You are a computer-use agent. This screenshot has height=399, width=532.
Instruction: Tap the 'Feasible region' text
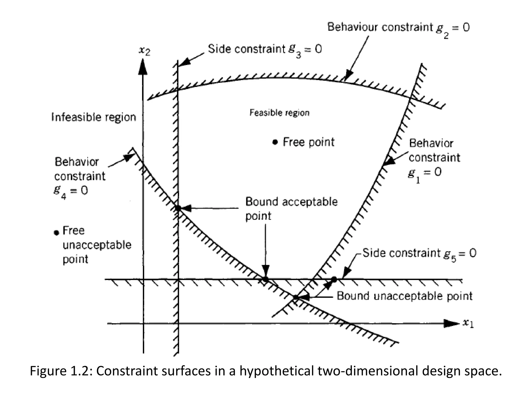(280, 112)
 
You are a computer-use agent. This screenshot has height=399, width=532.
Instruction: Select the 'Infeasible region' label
(94, 117)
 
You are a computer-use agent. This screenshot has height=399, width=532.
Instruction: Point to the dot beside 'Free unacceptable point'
(56, 232)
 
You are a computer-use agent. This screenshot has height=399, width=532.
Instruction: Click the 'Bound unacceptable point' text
(404, 296)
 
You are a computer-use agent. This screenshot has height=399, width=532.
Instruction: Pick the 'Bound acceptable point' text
(291, 209)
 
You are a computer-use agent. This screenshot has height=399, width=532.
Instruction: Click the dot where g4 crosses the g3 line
(178, 208)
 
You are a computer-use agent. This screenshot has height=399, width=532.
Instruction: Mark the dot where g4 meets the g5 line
(265, 279)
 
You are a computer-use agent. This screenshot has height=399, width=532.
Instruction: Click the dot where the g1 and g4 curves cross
(296, 297)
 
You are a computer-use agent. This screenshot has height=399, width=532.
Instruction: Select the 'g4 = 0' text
(71, 191)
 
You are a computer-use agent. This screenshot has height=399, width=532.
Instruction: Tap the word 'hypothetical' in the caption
(277, 371)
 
